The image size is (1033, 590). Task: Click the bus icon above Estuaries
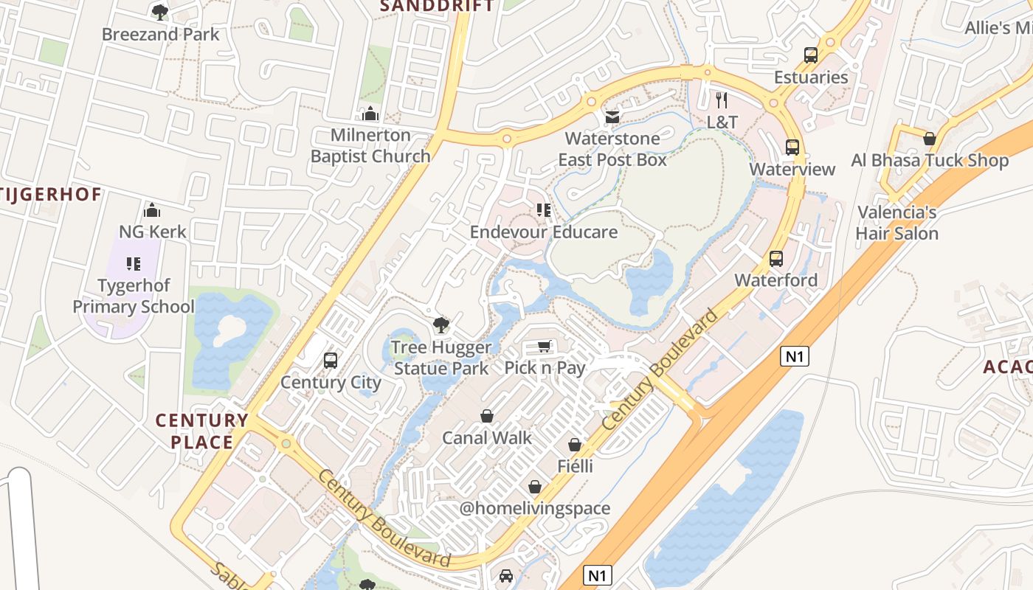tap(811, 55)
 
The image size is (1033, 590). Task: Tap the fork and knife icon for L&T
tap(722, 100)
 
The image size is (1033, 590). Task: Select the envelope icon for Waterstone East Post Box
tap(612, 117)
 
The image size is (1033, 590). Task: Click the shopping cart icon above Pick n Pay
tap(545, 346)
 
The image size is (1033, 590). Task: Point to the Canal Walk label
tap(486, 437)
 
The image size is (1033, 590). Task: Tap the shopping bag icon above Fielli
tap(575, 445)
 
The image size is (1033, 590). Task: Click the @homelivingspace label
tap(535, 508)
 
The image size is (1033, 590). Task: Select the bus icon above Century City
tap(331, 361)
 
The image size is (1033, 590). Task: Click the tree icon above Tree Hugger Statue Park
tap(441, 325)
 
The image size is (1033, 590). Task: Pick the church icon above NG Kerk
tap(152, 210)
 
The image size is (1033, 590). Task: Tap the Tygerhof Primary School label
tap(134, 296)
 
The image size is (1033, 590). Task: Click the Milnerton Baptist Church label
tap(370, 145)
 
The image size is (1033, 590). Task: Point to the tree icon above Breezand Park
tap(159, 12)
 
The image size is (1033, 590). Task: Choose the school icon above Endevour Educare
tap(544, 210)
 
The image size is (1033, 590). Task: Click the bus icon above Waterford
tap(775, 259)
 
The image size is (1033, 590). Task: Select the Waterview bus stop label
tap(792, 169)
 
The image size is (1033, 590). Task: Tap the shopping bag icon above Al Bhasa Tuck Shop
tap(930, 139)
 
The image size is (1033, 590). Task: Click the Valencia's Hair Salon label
tap(897, 223)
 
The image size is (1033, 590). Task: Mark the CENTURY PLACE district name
tap(201, 431)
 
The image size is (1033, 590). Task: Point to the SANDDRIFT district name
tap(436, 6)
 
